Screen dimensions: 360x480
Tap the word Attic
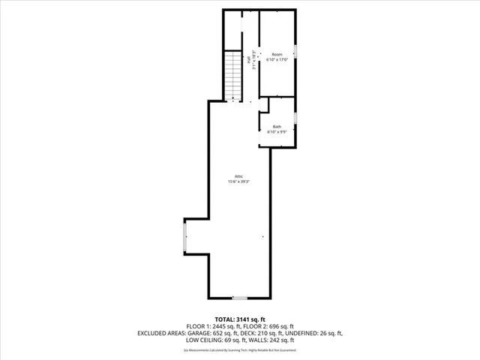pos(238,176)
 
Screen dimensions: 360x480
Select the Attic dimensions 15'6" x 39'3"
pos(238,181)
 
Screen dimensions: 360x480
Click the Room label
pos(277,55)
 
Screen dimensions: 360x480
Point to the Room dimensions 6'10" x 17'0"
pos(277,61)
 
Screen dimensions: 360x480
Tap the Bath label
pos(277,127)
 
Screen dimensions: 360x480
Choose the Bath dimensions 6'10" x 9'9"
pos(277,132)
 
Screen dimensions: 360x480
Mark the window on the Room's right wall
pos(295,51)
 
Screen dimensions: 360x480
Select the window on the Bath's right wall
pos(295,118)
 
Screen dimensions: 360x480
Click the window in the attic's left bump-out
pos(185,238)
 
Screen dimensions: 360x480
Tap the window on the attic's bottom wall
pos(238,298)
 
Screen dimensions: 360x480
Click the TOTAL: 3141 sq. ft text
pos(240,319)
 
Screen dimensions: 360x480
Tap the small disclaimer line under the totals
pos(240,349)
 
